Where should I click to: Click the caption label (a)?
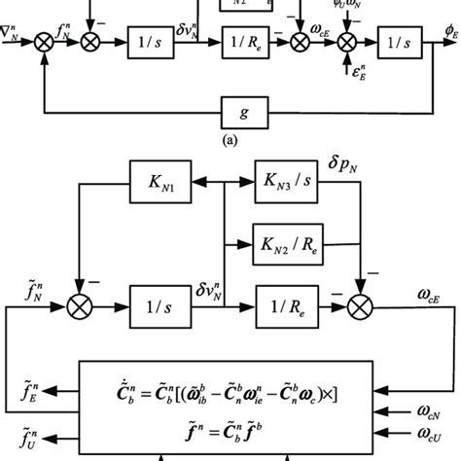(230, 139)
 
